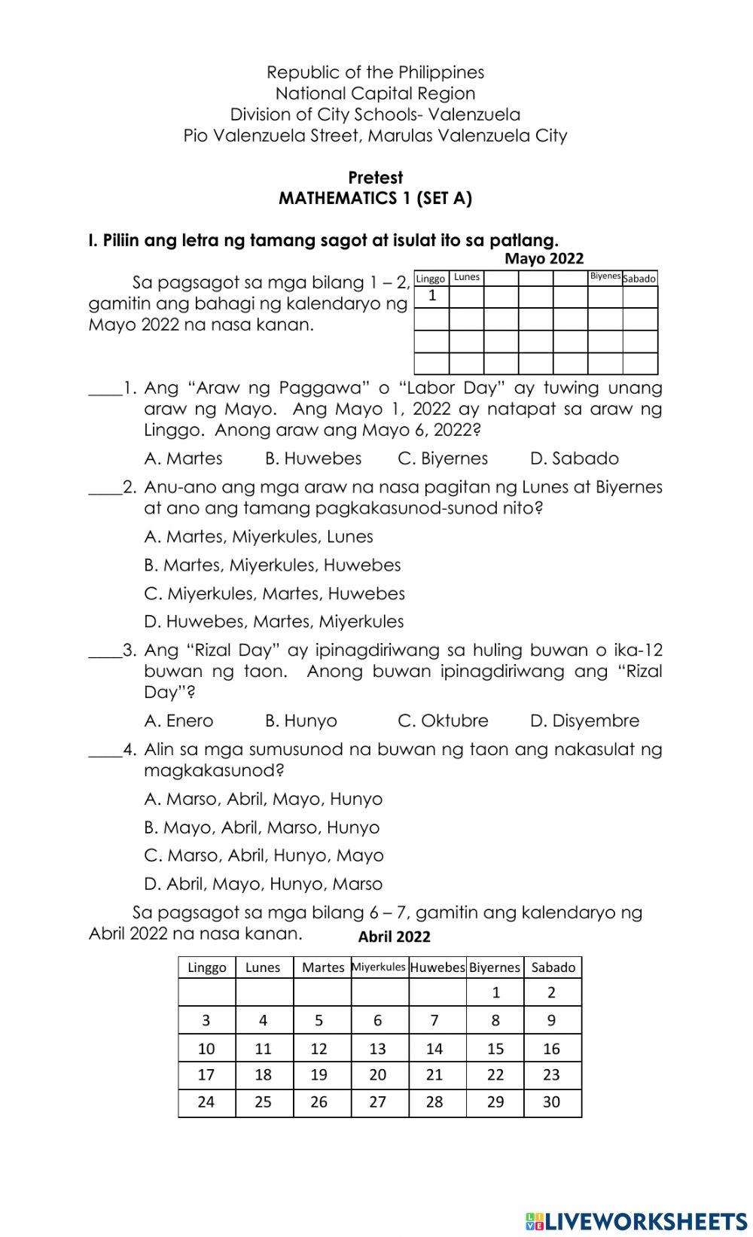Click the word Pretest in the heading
click(375, 178)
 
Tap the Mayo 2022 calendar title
click(544, 258)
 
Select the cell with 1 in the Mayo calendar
click(432, 296)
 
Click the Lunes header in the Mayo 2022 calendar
click(467, 277)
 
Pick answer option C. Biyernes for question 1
click(443, 459)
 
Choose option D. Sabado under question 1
click(574, 459)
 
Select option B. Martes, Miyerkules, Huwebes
click(272, 565)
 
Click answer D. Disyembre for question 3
click(584, 721)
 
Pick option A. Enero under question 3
click(178, 721)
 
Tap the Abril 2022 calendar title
click(394, 937)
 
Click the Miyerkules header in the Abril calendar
click(379, 967)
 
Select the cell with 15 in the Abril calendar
click(495, 1048)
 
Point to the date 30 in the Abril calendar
click(552, 1101)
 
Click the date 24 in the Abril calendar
click(206, 1101)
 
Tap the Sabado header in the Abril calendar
click(553, 967)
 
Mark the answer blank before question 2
click(105, 490)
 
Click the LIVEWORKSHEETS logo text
click(636, 1220)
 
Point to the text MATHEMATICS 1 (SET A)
click(375, 198)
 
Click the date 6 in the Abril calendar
click(378, 1020)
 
